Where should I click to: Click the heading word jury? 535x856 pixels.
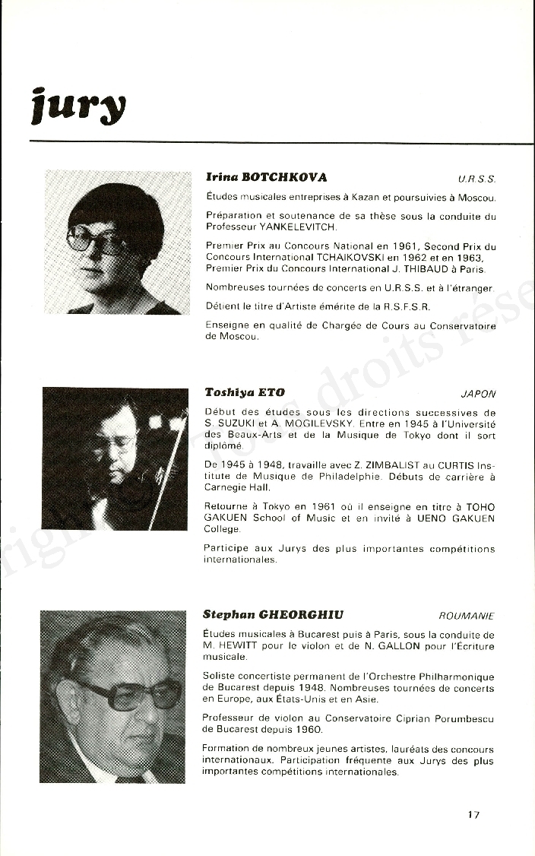78,106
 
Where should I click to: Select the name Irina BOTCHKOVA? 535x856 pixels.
266,177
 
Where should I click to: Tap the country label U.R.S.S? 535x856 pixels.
476,179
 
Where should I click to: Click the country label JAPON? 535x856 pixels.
478,395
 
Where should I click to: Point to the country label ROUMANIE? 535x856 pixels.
467,616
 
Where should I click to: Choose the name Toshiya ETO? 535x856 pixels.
245,393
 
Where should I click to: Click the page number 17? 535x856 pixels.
473,815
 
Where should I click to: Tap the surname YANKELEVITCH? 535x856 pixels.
297,227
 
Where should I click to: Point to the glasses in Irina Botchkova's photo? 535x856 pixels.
98,241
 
